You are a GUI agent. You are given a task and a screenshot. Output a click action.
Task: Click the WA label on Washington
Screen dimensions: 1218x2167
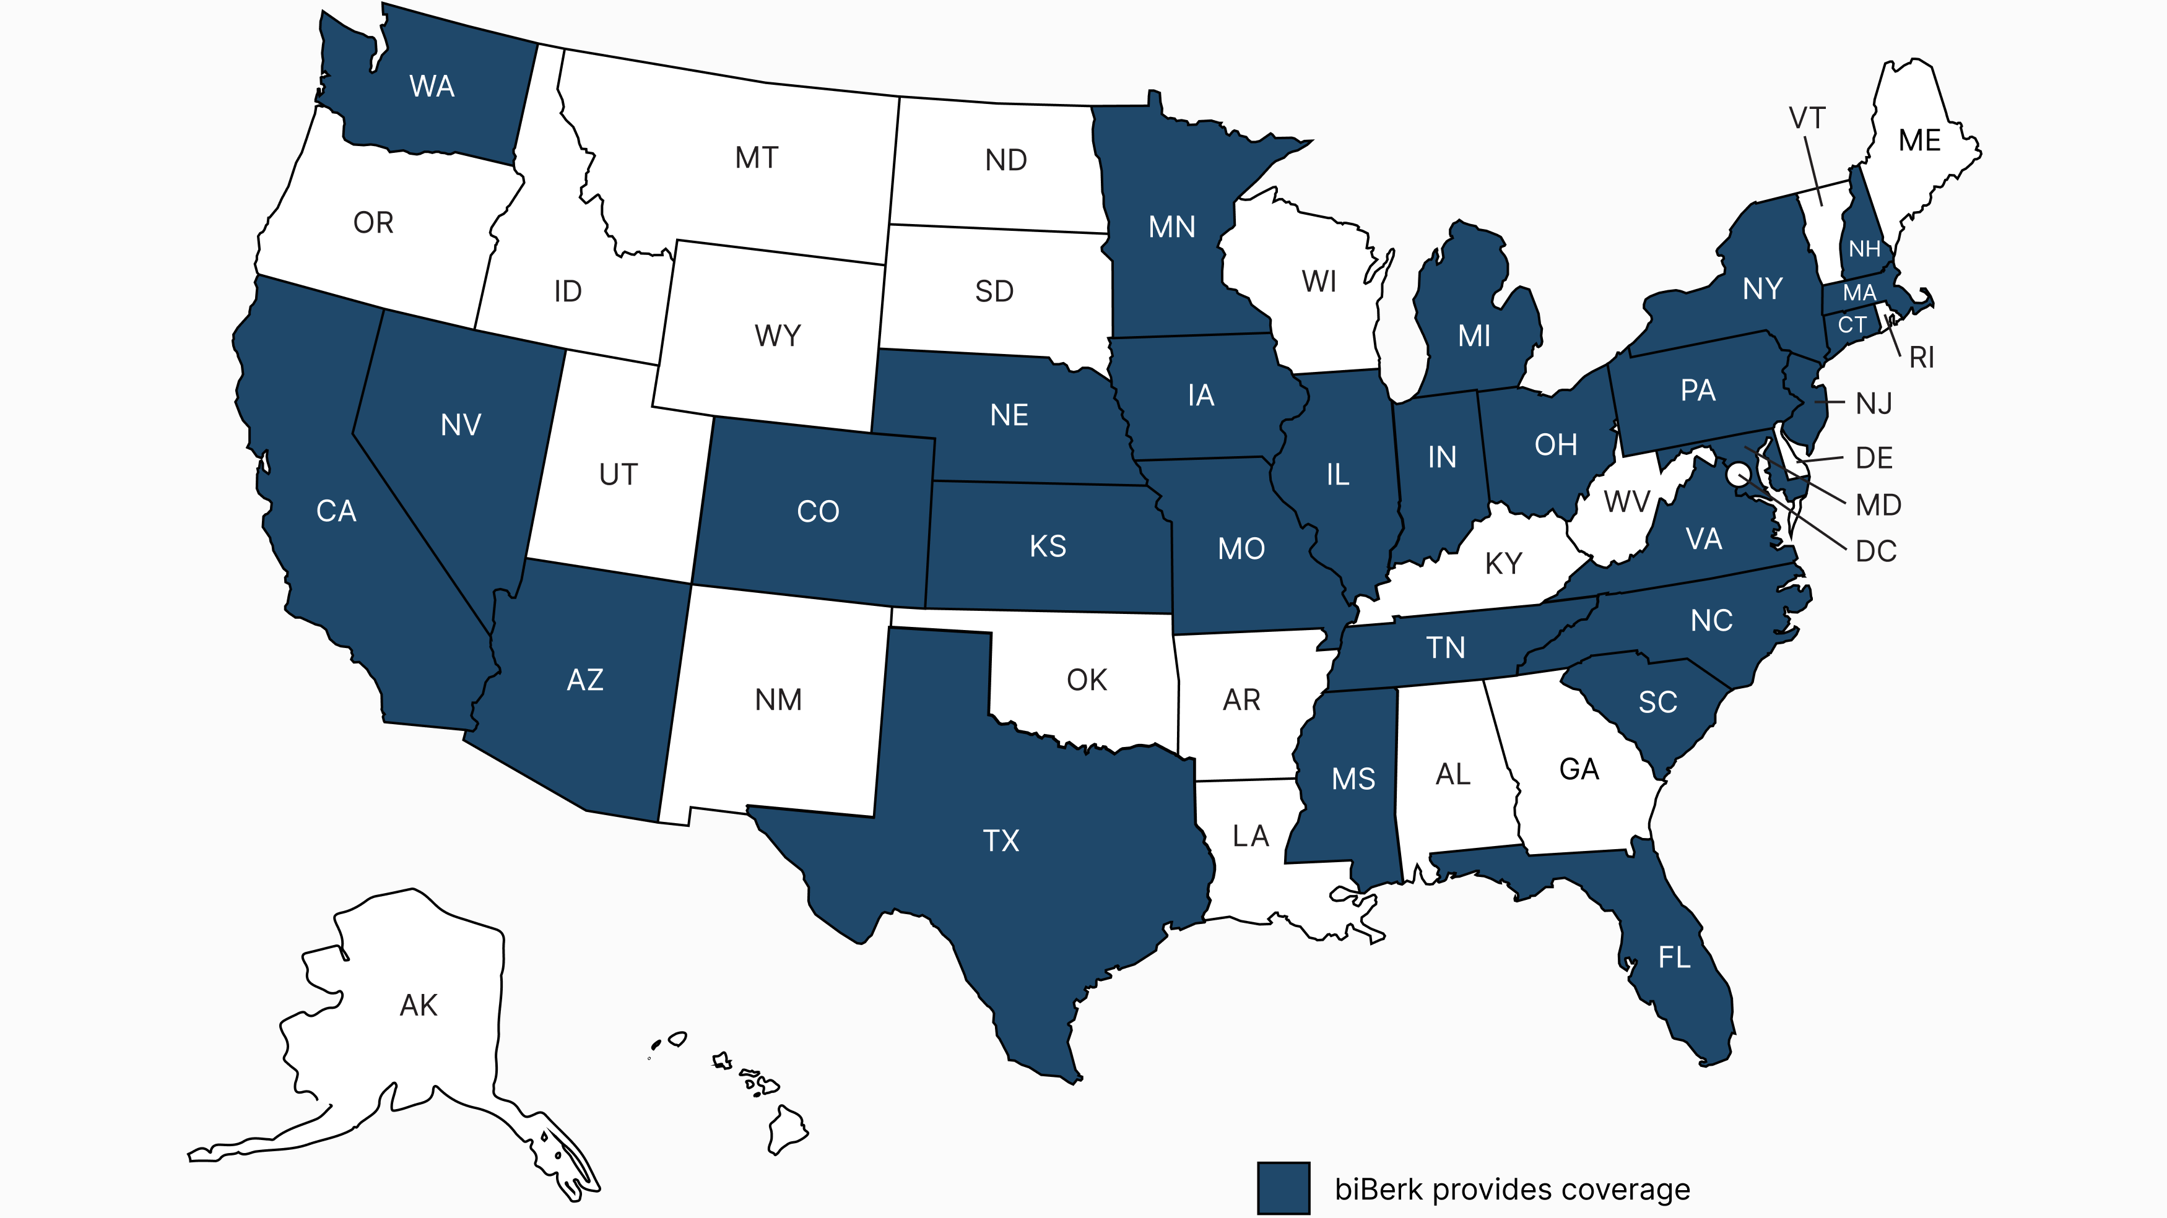432,86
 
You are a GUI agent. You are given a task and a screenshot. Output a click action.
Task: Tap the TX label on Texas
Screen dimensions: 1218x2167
1001,840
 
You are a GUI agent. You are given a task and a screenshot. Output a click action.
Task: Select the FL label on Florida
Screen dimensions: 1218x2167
1674,957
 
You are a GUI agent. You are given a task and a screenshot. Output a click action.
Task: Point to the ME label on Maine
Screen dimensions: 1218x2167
1920,140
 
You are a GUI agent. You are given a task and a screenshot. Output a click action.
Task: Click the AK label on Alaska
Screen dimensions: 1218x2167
418,1005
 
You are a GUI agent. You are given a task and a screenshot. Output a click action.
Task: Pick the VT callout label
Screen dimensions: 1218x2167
1807,119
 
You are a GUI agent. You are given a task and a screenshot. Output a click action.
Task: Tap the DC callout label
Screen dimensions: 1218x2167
1876,552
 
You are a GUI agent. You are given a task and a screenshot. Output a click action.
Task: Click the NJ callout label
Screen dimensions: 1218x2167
1874,405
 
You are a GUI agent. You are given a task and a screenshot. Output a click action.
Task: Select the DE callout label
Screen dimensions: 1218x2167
1874,459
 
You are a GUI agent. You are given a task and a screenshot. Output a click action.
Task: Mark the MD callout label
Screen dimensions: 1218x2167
1878,506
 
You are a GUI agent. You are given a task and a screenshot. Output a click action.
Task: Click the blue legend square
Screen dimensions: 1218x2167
1283,1188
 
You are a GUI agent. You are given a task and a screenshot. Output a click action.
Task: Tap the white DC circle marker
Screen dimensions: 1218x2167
1737,475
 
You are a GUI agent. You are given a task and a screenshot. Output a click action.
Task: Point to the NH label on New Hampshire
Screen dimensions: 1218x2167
1864,249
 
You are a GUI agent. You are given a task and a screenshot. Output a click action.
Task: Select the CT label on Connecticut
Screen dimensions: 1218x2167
1851,325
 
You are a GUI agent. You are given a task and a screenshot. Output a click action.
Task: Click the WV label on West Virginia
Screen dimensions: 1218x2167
1626,502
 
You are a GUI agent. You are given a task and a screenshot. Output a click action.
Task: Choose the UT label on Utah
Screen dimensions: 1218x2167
619,475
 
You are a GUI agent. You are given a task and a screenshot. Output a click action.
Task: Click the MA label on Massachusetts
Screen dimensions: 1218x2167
1859,293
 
